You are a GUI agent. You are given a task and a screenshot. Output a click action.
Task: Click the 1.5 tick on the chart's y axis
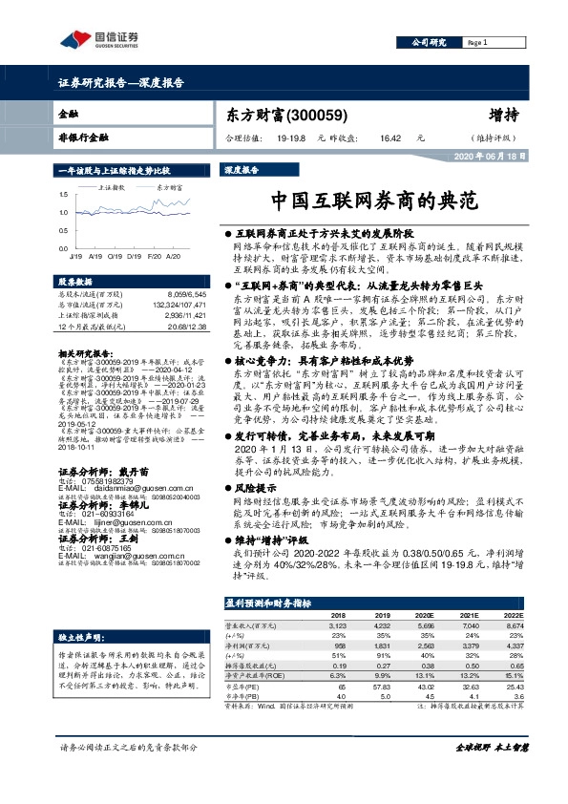(x=63, y=195)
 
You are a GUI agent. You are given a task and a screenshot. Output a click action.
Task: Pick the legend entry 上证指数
(x=112, y=189)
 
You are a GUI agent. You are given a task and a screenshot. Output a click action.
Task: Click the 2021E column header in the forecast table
(x=470, y=616)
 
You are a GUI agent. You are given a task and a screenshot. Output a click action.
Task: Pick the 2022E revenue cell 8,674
(x=512, y=627)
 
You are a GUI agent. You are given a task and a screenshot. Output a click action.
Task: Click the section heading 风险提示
(x=255, y=487)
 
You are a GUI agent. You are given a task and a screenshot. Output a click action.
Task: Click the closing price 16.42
(x=389, y=138)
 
